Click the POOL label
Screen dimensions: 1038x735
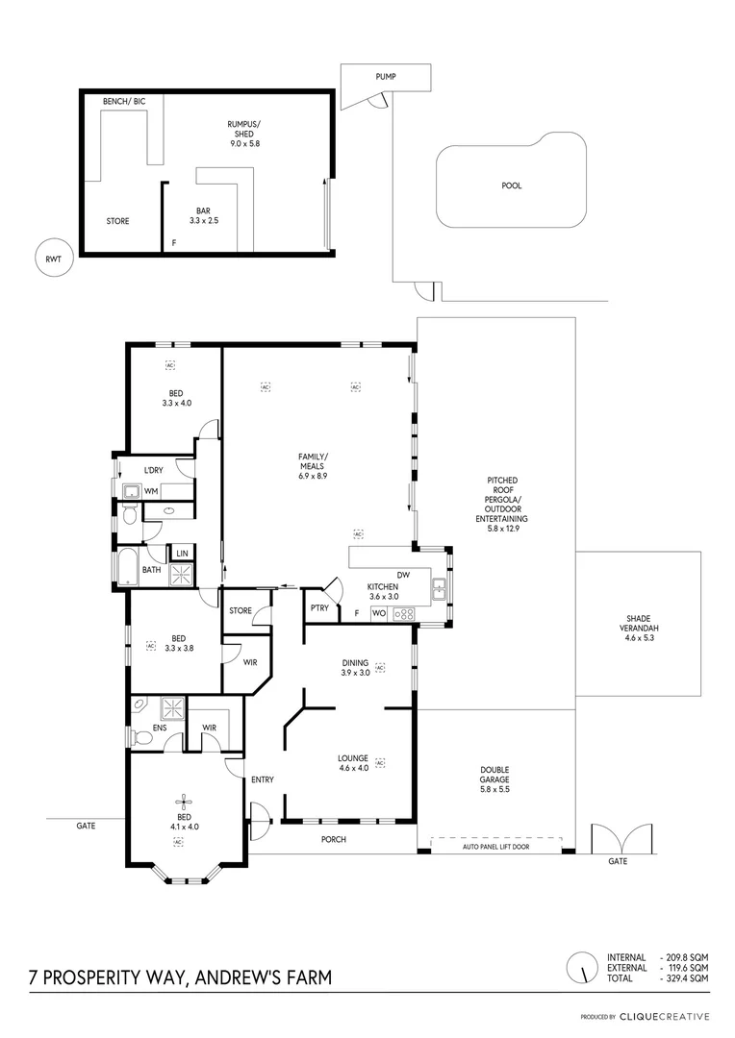pyautogui.click(x=512, y=185)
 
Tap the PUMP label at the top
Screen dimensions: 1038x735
pyautogui.click(x=386, y=76)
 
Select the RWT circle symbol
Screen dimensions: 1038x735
pyautogui.click(x=52, y=259)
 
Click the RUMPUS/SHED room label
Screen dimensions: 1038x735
pyautogui.click(x=244, y=134)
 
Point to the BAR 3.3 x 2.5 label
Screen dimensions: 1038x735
pyautogui.click(x=203, y=214)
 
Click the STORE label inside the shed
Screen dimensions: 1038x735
pyautogui.click(x=117, y=221)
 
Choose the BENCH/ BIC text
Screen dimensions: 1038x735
pyautogui.click(x=123, y=101)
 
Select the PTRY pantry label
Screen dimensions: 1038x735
pyautogui.click(x=319, y=607)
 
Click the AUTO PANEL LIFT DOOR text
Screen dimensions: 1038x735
pyautogui.click(x=494, y=847)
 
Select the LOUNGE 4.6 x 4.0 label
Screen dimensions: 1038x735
pyautogui.click(x=353, y=762)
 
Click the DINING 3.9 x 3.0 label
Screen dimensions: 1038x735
pyautogui.click(x=355, y=667)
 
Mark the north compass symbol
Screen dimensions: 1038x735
pyautogui.click(x=579, y=967)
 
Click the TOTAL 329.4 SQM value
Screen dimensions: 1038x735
pyautogui.click(x=685, y=977)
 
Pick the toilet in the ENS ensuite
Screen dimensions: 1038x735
pyautogui.click(x=140, y=737)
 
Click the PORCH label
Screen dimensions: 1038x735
pyautogui.click(x=334, y=839)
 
